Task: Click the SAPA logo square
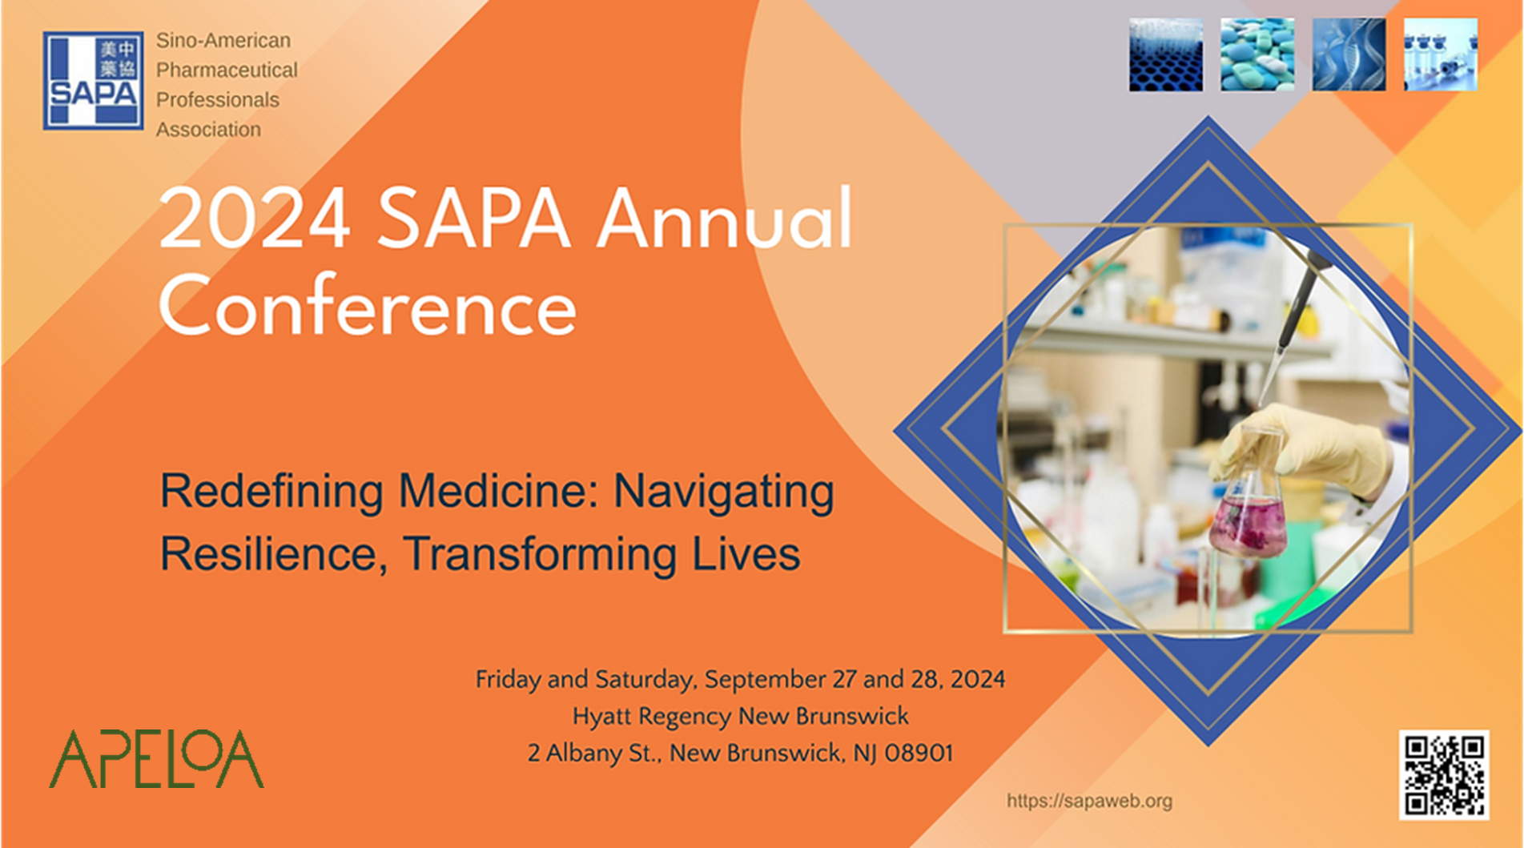pos(94,80)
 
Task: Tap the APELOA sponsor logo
pos(156,758)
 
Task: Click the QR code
pos(1444,774)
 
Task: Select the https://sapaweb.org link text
pos(1089,801)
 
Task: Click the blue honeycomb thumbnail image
pos(1166,54)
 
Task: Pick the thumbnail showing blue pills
pos(1257,54)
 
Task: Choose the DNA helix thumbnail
pos(1349,54)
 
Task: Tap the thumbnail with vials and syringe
pos(1441,54)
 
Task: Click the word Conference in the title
pos(368,307)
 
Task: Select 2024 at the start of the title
pos(255,219)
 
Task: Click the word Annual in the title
pos(725,219)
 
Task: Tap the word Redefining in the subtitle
pos(271,491)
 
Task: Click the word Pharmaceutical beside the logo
pos(227,70)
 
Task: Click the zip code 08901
pos(919,754)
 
